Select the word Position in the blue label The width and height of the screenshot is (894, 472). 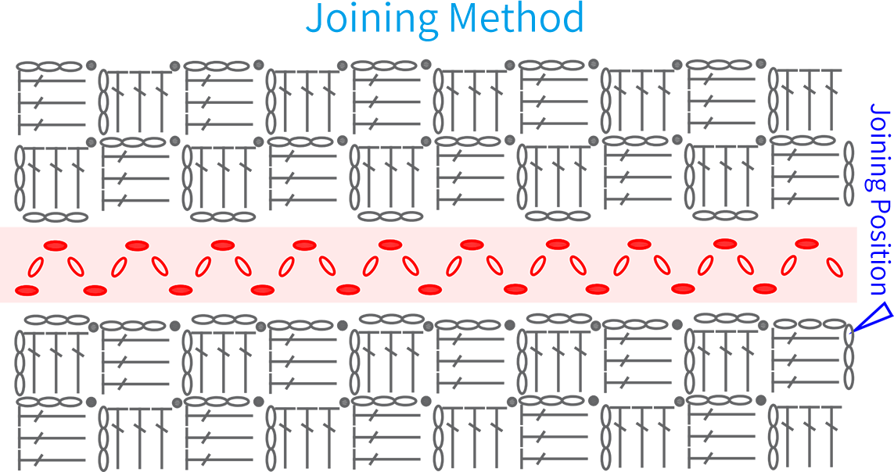pyautogui.click(x=880, y=246)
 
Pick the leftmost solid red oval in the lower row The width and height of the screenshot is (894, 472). pyautogui.click(x=27, y=291)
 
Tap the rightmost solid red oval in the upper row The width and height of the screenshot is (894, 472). pyautogui.click(x=806, y=244)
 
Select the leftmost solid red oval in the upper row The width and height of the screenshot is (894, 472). pyautogui.click(x=56, y=245)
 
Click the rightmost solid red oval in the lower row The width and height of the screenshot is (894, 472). pyautogui.click(x=765, y=288)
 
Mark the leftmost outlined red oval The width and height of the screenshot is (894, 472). pyautogui.click(x=37, y=267)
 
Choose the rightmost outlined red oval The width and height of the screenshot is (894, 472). pyautogui.click(x=834, y=266)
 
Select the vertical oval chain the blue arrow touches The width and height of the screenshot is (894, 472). pyautogui.click(x=849, y=358)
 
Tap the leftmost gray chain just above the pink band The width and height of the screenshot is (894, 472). pyautogui.click(x=56, y=217)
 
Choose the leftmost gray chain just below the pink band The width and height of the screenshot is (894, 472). pyautogui.click(x=56, y=320)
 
